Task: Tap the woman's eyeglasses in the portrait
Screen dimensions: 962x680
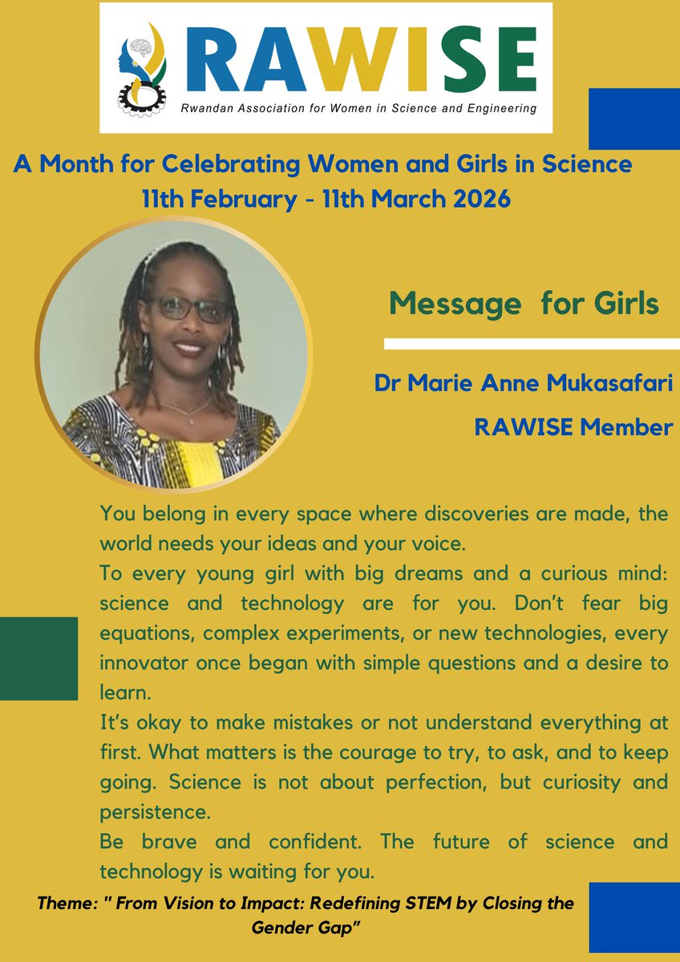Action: (191, 308)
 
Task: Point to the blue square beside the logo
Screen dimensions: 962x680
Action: (633, 119)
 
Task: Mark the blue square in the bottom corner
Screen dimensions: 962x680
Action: (633, 914)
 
